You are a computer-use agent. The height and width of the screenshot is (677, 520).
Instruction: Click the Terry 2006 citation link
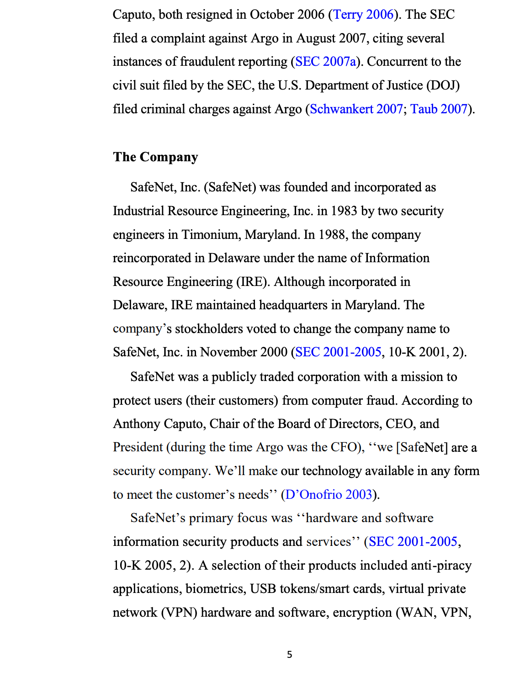363,15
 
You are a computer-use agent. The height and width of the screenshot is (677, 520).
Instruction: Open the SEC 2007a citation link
325,62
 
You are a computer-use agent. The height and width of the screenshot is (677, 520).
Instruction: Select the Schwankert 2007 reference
356,109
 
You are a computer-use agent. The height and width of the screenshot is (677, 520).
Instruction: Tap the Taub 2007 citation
439,109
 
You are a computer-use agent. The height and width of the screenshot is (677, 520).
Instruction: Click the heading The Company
155,157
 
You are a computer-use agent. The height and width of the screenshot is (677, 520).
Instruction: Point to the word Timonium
211,235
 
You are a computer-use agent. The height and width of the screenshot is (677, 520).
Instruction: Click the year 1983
344,211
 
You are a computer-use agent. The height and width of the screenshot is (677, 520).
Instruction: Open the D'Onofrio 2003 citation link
329,495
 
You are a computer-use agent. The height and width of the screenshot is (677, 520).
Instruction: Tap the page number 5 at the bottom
289,655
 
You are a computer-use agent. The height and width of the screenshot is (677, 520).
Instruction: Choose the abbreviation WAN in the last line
418,613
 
